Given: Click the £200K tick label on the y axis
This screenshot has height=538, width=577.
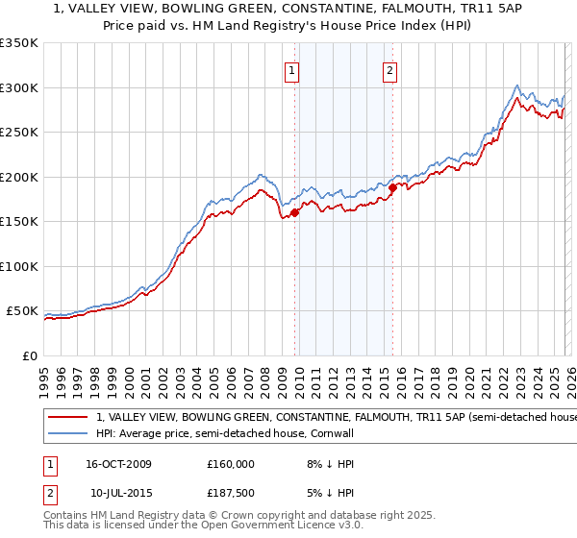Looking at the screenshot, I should [x=18, y=177].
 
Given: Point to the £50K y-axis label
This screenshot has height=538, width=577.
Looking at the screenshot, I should [x=21, y=311].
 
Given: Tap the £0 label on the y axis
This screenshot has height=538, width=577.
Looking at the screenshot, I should [x=29, y=356].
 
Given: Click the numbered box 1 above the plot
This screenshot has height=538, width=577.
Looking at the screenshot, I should [x=290, y=69].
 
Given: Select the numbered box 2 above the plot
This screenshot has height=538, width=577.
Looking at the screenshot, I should [x=389, y=69].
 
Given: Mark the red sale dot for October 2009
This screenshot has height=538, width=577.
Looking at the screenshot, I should [x=294, y=213].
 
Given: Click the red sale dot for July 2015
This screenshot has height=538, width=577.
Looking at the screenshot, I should [x=392, y=188].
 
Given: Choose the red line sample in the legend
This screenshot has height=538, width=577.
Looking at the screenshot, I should [x=67, y=418].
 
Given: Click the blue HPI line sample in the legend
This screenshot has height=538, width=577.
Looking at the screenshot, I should [x=67, y=434].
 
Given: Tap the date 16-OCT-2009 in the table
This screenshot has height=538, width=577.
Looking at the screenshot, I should [x=118, y=464].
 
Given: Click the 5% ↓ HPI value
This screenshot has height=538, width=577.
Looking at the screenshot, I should [x=327, y=493].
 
